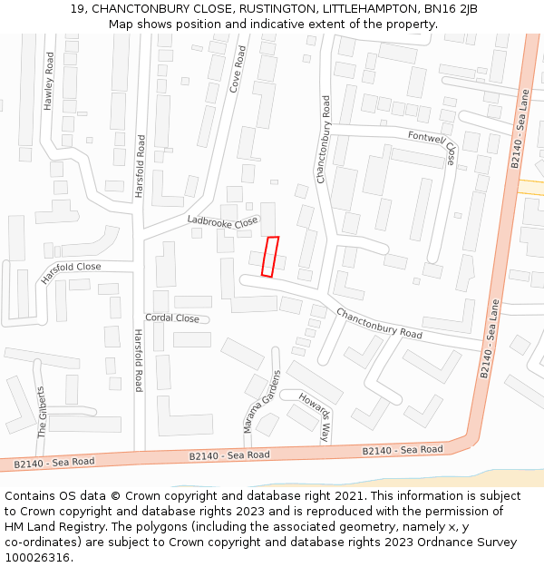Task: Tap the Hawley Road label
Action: coord(49,82)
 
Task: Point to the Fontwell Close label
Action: coord(432,146)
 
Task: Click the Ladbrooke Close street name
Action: coord(223,221)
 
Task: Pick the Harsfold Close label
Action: coord(71,272)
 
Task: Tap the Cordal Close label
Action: coord(172,318)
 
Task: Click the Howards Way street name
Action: coord(317,418)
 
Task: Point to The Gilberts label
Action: coord(42,413)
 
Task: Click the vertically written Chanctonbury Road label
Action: coord(323,141)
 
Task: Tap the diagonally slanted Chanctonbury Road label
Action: coord(379,324)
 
